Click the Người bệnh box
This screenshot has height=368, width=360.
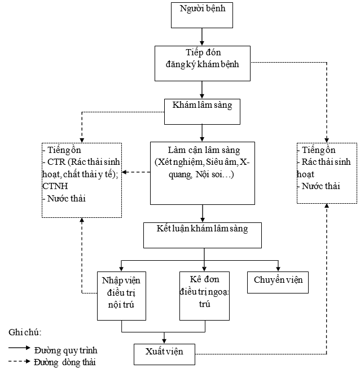tap(202, 15)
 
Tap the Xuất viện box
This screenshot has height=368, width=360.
tap(166, 353)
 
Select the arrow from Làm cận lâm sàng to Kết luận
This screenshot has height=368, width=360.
tap(202, 213)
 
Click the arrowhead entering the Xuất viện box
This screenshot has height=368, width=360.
tap(164, 340)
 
